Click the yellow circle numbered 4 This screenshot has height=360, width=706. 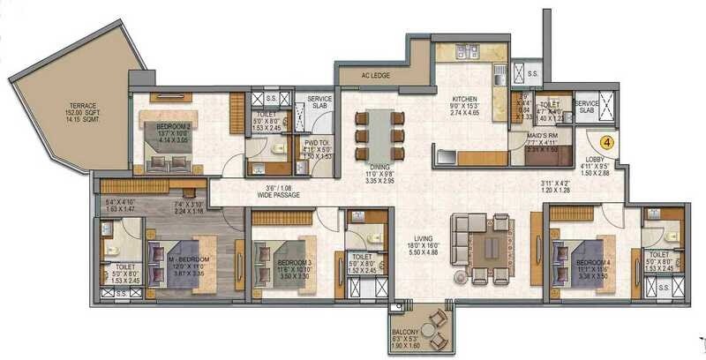(x=607, y=139)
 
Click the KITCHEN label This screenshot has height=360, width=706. (x=464, y=98)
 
